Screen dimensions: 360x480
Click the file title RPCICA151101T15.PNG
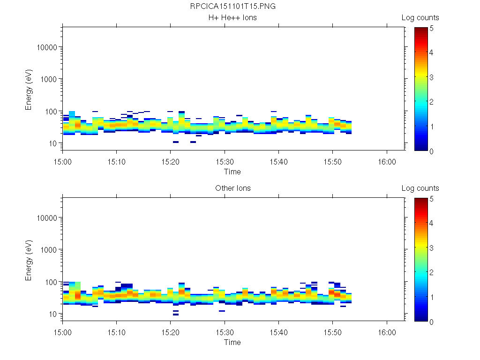(x=232, y=7)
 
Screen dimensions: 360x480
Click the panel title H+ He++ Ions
(x=232, y=18)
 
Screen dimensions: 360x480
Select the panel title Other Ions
(x=232, y=188)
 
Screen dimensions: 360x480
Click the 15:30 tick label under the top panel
(x=225, y=161)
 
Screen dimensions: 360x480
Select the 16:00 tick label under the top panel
(x=387, y=161)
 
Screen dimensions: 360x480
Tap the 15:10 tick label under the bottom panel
(x=117, y=331)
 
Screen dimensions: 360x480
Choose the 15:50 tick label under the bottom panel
(x=333, y=331)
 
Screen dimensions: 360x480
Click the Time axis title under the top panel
(x=232, y=172)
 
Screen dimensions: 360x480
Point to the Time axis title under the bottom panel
(x=232, y=342)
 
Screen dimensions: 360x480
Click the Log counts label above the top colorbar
(x=420, y=18)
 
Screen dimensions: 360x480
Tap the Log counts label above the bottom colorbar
(x=420, y=188)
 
